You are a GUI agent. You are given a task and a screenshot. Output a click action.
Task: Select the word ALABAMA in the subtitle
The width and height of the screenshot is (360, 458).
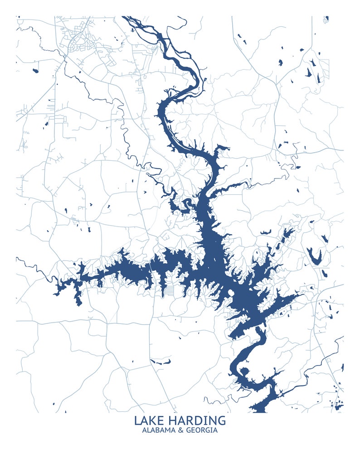click(x=158, y=430)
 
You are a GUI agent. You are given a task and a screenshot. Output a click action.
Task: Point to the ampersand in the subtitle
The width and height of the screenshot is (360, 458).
click(x=180, y=430)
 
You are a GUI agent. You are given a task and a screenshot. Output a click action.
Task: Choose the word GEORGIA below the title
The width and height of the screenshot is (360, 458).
click(x=201, y=430)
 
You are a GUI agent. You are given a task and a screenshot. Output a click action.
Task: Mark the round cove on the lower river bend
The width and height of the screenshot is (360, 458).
click(x=244, y=372)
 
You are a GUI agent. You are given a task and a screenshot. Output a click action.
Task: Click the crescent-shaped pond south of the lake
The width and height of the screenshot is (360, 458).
click(x=161, y=362)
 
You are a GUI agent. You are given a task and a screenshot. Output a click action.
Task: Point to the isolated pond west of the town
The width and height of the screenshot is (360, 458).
click(x=34, y=70)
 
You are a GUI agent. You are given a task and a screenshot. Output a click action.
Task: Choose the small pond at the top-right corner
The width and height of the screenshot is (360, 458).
click(x=326, y=19)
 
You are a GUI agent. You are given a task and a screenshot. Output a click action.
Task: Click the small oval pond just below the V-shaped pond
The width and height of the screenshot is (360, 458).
click(x=324, y=273)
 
